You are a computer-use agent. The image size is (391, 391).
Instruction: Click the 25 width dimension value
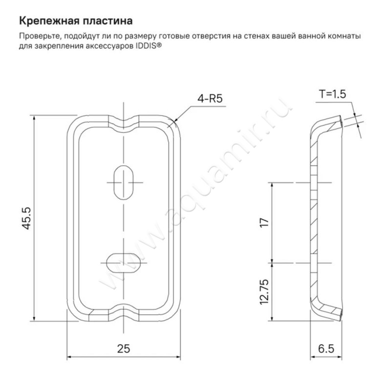[124, 348]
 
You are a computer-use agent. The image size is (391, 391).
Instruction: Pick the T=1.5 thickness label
[332, 94]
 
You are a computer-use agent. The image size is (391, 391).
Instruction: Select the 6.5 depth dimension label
[326, 348]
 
